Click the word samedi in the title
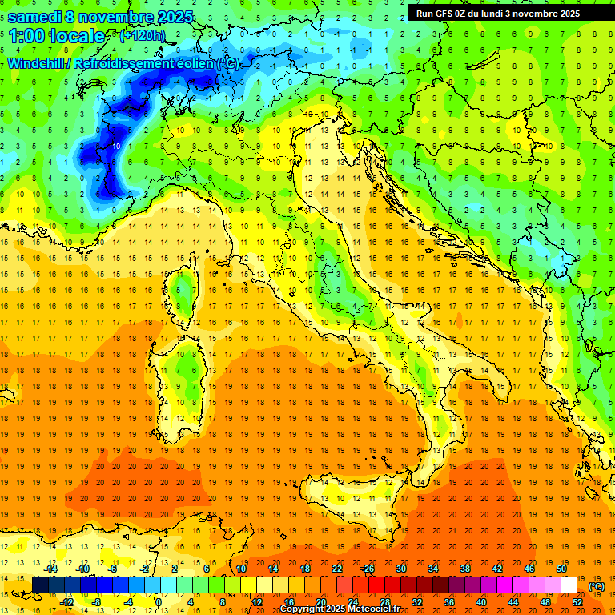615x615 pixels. pos(41,16)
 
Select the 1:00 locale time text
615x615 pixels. pos(57,36)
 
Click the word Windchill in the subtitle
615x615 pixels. pos(37,63)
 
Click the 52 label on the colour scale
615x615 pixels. pos(577,601)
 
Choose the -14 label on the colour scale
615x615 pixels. pos(51,569)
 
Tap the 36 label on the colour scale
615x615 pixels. pos(448,601)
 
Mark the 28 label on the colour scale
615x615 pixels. pos(384,601)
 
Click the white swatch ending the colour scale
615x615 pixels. pos(569,585)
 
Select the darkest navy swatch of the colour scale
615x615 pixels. pos(40,585)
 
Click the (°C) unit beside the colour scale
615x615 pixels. pos(597,586)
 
